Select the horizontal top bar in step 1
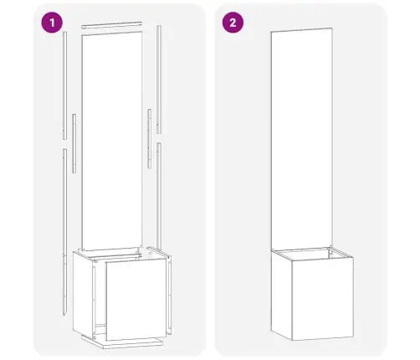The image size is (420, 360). coord(111,25)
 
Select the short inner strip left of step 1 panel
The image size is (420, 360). coord(74,139)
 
